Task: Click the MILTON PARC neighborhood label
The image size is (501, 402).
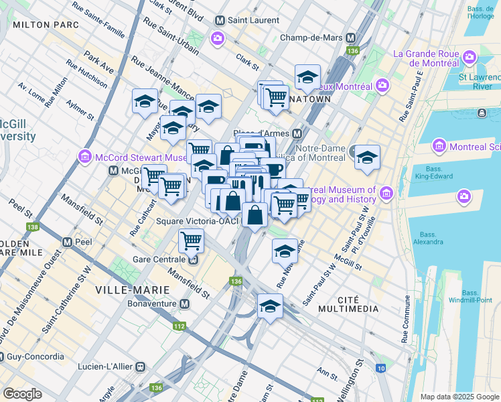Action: [46, 25]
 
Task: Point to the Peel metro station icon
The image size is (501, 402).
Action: [67, 241]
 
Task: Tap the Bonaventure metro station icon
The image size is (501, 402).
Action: [184, 304]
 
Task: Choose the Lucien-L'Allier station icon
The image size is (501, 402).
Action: [141, 366]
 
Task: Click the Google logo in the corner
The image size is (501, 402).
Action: [23, 393]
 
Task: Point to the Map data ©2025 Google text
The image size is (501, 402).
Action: [459, 397]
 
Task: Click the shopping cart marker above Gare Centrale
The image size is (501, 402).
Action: [192, 239]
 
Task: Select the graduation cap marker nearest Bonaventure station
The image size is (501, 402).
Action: [270, 306]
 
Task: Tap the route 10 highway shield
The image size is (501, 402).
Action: [380, 368]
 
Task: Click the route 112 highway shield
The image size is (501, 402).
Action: [179, 326]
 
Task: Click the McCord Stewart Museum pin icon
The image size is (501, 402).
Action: [85, 157]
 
